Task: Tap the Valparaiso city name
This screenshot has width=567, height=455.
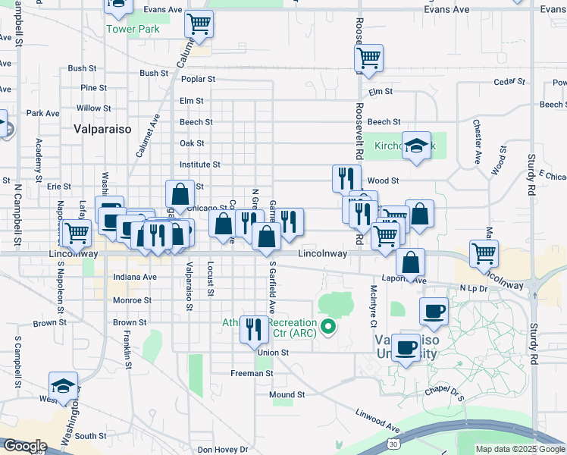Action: pyautogui.click(x=103, y=129)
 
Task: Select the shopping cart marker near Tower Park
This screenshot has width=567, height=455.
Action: pyautogui.click(x=199, y=24)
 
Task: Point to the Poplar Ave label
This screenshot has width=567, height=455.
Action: pyautogui.click(x=199, y=79)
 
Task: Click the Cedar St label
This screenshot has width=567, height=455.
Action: pyautogui.click(x=509, y=81)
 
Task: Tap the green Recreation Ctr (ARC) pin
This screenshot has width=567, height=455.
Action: pyautogui.click(x=328, y=328)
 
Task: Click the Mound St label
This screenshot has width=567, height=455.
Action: pyautogui.click(x=287, y=395)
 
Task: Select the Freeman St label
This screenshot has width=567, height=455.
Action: pyautogui.click(x=252, y=373)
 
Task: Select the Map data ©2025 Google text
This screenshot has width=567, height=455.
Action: pyautogui.click(x=520, y=449)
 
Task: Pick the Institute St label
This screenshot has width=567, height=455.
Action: pyautogui.click(x=199, y=165)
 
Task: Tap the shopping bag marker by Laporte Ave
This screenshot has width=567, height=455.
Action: pyautogui.click(x=410, y=263)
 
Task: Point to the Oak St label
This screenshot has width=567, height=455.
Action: pyautogui.click(x=192, y=143)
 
